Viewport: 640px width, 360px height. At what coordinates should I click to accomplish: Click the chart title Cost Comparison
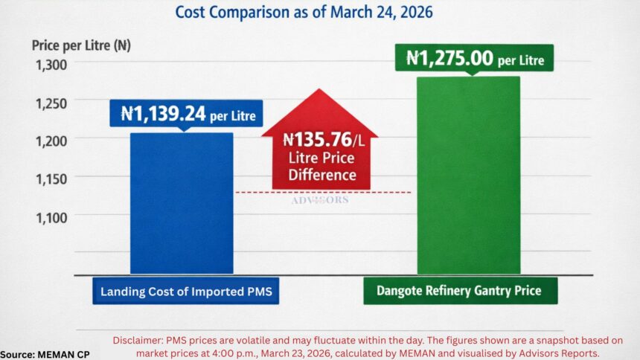(x=304, y=12)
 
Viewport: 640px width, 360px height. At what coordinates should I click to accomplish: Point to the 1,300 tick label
(x=51, y=65)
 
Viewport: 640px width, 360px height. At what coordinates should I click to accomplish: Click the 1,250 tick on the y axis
(x=51, y=103)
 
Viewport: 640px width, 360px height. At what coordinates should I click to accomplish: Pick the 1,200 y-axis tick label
(x=51, y=141)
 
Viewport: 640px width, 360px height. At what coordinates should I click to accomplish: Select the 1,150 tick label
(x=51, y=179)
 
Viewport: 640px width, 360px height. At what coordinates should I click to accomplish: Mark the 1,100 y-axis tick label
(x=51, y=216)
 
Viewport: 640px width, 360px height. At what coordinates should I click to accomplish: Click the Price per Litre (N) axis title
(x=81, y=45)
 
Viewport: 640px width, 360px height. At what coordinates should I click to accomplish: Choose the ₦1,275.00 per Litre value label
(x=476, y=58)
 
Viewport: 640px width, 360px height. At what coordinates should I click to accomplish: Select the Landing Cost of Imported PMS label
(x=186, y=292)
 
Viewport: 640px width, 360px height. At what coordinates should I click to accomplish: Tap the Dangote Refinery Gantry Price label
(x=460, y=292)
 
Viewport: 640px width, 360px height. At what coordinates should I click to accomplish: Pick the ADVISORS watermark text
(x=320, y=200)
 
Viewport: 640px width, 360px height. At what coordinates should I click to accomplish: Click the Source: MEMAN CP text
(x=45, y=354)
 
